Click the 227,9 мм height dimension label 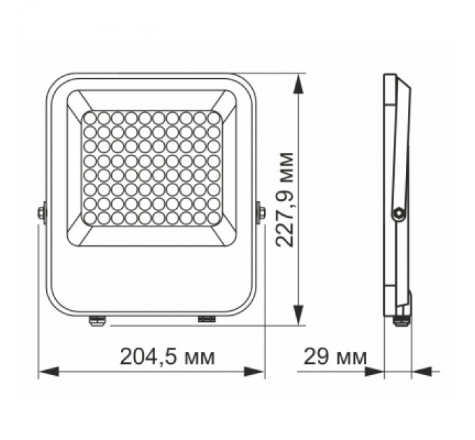(283, 198)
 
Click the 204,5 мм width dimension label (168, 357)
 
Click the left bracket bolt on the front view (42, 212)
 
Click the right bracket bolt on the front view (261, 212)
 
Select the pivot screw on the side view (398, 214)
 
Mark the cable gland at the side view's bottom (401, 320)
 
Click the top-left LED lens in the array (89, 119)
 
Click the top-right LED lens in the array (214, 119)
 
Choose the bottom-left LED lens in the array (89, 218)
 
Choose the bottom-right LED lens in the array (214, 218)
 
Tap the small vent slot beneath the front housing (207, 319)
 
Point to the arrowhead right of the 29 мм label (377, 372)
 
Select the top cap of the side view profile (394, 78)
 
